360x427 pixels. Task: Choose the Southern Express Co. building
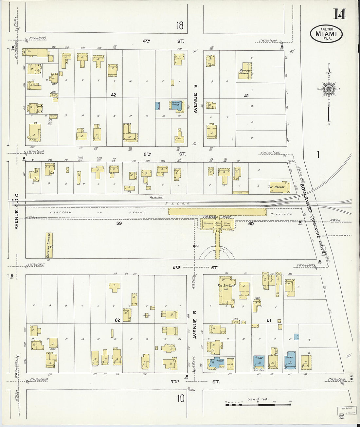[49, 245]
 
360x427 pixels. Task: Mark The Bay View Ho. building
[226, 288]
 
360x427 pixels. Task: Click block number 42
[113, 95]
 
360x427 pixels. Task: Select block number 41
[246, 96]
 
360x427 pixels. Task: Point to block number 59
[119, 224]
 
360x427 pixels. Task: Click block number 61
[269, 320]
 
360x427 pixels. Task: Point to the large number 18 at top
[180, 26]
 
